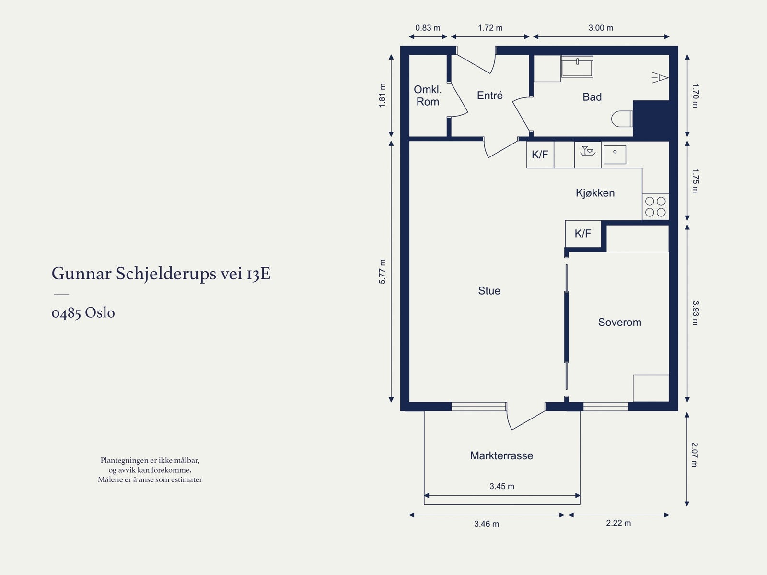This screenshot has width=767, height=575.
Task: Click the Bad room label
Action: coord(592,97)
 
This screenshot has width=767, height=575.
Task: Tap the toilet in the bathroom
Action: coord(622,119)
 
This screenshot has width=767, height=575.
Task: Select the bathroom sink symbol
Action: coord(577,66)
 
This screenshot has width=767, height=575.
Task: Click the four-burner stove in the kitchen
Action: coord(655,207)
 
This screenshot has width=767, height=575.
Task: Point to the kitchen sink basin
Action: coord(615,155)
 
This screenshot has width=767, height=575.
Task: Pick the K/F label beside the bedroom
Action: coord(583,233)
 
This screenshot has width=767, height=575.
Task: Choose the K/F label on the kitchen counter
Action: coord(540,154)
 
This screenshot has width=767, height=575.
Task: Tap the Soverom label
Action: coord(619,322)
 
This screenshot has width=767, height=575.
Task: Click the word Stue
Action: coord(489,291)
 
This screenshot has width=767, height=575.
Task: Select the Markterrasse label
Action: coord(501,455)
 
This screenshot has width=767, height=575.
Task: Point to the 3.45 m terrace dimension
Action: coord(502,486)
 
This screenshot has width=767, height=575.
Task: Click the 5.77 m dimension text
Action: coord(382,272)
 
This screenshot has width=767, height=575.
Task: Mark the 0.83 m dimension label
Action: coord(428,28)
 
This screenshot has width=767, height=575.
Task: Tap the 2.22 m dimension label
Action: coord(618,523)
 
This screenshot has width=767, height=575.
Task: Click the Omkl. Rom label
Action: coord(428,96)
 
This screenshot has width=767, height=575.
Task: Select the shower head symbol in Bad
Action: coord(660,77)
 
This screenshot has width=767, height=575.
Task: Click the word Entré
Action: coord(489,95)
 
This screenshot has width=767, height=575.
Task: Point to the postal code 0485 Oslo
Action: coord(83,312)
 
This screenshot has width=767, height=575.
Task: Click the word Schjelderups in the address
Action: coord(166,274)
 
